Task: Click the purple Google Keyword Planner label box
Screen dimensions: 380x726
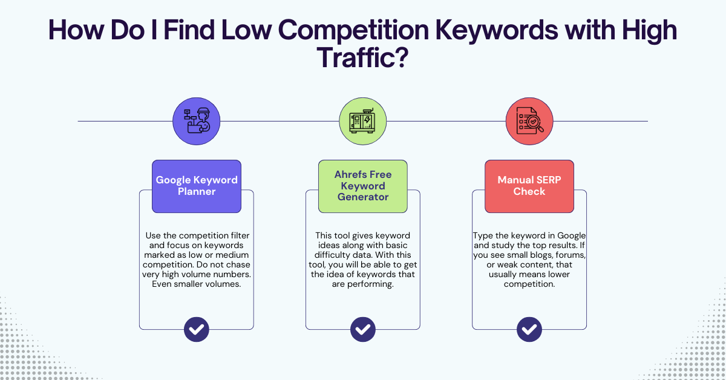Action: click(x=197, y=186)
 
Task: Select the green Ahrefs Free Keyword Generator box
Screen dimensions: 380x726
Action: click(x=363, y=186)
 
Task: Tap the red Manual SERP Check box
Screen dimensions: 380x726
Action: click(x=529, y=186)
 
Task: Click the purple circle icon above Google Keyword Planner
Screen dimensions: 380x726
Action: click(x=197, y=121)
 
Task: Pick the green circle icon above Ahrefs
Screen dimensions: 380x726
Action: click(x=363, y=121)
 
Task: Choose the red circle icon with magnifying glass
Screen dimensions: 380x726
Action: click(x=529, y=121)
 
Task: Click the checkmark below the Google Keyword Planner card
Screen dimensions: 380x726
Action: click(x=197, y=330)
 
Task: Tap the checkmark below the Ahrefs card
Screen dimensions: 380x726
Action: click(x=363, y=330)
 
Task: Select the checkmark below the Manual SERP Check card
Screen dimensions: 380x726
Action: click(x=529, y=330)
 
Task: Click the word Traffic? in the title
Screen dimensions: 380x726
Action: click(x=362, y=59)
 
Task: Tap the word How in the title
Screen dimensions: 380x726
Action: click(x=74, y=30)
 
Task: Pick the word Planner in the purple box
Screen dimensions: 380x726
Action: click(x=197, y=192)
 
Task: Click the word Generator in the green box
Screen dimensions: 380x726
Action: click(x=363, y=197)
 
